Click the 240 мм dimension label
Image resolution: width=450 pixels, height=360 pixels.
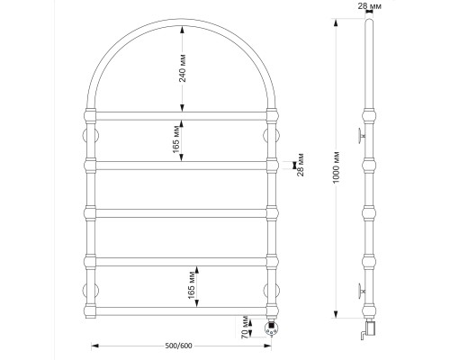(183, 68)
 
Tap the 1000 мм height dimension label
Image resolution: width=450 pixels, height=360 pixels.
(336, 167)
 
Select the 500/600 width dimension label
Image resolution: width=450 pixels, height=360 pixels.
(178, 346)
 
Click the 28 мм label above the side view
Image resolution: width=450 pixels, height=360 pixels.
(370, 5)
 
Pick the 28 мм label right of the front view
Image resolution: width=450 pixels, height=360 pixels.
(301, 165)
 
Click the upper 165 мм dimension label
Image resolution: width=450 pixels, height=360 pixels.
(176, 139)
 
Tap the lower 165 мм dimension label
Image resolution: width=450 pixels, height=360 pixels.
(192, 286)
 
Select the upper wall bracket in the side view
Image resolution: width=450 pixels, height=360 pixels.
(362, 136)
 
